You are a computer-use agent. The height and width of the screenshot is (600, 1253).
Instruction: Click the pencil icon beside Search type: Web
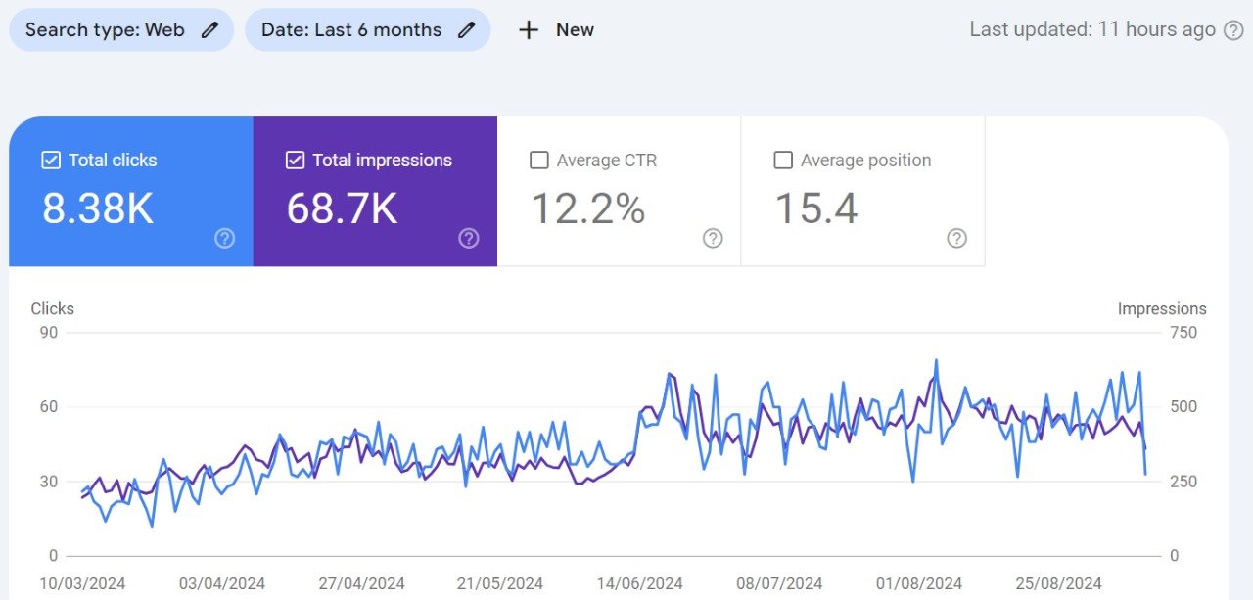coord(209,29)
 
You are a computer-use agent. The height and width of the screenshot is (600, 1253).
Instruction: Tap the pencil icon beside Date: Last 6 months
coord(467,29)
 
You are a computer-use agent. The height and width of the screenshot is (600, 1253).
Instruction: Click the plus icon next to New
coord(529,30)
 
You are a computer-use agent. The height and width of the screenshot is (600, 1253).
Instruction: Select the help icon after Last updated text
coord(1233,30)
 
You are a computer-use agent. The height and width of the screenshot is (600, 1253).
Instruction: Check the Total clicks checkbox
coord(51,161)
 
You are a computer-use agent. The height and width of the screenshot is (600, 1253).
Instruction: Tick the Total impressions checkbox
coord(295,161)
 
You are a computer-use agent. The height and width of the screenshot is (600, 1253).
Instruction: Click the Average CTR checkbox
coord(538,161)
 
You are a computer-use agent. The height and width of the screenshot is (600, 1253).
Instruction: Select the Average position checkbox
coord(782,161)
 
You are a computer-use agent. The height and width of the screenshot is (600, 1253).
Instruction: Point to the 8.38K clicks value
coord(97,208)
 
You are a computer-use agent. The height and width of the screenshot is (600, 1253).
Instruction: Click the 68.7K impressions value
coord(342,208)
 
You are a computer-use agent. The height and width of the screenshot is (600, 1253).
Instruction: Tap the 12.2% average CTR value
coord(588,208)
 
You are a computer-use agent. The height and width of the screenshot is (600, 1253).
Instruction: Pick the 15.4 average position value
coord(816,208)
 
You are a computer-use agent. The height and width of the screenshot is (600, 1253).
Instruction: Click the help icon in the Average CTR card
coord(713,238)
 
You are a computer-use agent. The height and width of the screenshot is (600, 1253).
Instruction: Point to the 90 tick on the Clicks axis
coord(49,333)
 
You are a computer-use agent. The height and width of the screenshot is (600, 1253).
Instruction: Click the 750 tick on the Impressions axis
coord(1183,333)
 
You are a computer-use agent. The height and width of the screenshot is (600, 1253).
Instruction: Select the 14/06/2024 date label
coord(639,583)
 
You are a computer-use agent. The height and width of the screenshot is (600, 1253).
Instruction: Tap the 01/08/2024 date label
coord(919,583)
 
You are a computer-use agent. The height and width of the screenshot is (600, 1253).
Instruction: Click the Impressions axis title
coord(1162,308)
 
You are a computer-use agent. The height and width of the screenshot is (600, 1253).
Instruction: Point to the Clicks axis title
coord(52,308)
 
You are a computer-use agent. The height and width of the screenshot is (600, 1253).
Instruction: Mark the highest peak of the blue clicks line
coord(936,360)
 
